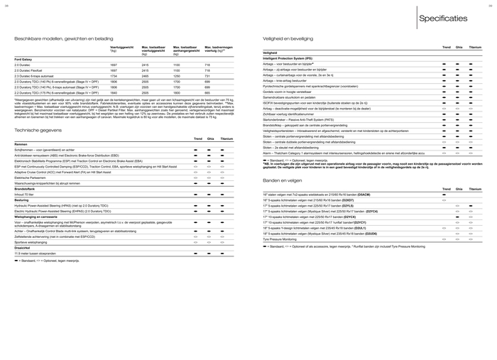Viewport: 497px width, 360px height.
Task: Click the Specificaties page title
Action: [442, 18]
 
